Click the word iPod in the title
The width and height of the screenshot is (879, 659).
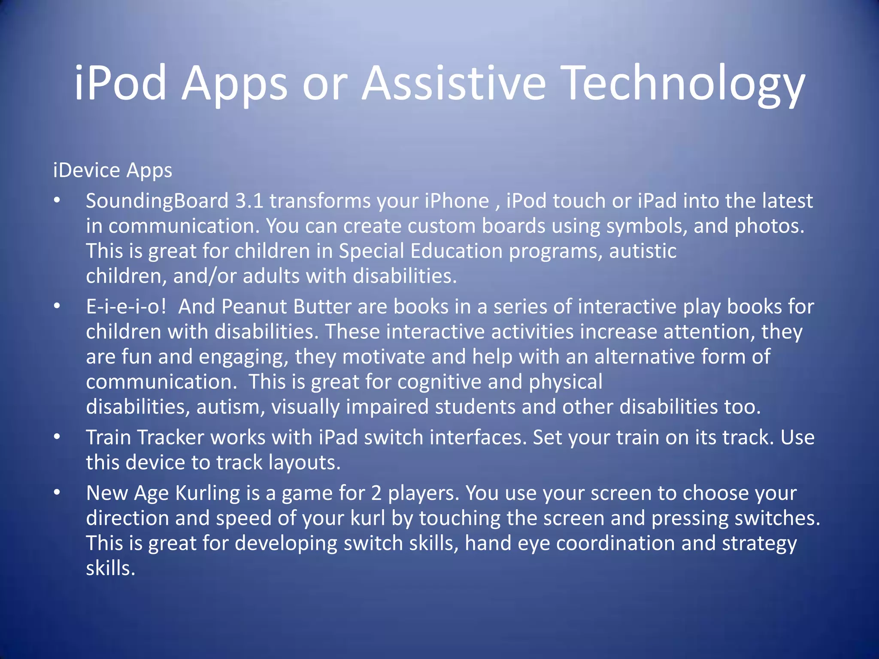[121, 82]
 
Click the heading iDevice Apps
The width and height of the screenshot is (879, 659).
[112, 170]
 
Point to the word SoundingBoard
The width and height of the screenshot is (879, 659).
[157, 201]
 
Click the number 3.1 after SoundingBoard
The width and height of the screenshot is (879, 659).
[249, 201]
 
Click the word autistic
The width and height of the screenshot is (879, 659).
[643, 251]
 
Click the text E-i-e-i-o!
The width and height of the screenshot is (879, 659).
[126, 307]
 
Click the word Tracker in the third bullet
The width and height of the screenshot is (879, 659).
[171, 438]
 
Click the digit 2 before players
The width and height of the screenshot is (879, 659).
[376, 493]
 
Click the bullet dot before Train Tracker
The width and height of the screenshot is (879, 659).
[57, 437]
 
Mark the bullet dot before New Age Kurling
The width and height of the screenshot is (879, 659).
[57, 493]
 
